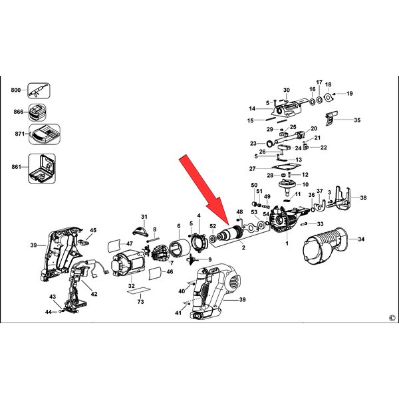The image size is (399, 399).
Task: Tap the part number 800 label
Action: (x=15, y=90)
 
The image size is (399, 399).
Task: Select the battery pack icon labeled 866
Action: (x=37, y=112)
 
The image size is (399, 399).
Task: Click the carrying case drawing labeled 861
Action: (x=42, y=168)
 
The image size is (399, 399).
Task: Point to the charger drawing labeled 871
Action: (x=45, y=134)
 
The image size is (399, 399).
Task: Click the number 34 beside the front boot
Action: (x=361, y=239)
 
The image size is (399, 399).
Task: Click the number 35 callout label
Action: (x=357, y=120)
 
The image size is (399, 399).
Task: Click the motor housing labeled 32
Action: (x=128, y=263)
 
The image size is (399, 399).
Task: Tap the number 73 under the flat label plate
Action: (x=140, y=301)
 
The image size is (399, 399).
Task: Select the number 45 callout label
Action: (x=93, y=230)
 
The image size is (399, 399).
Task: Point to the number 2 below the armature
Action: (x=243, y=247)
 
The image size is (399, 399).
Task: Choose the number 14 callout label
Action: (x=252, y=108)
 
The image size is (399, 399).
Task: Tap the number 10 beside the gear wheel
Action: (x=305, y=184)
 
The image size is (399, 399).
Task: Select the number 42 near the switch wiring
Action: (x=94, y=294)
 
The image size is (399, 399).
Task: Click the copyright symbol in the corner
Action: (x=392, y=318)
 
